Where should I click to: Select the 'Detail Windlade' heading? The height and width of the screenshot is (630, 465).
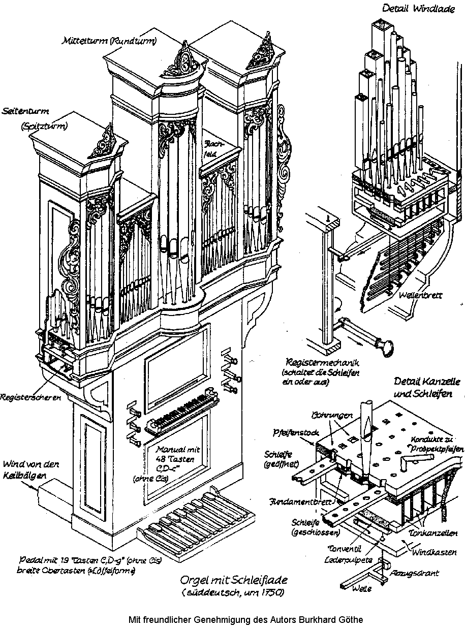click(412, 8)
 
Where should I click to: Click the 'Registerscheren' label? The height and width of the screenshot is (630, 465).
click(30, 397)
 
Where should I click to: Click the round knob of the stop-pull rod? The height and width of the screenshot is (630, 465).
click(386, 346)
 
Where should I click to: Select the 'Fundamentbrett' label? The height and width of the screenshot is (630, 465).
click(296, 502)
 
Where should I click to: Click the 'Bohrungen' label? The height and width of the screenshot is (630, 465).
click(332, 415)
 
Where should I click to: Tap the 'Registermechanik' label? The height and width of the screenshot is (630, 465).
click(323, 363)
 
